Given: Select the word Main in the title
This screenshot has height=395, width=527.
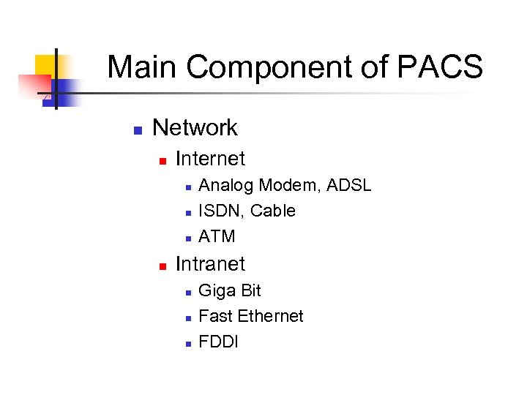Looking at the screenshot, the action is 143,67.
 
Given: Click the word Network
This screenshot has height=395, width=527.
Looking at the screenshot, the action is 195,127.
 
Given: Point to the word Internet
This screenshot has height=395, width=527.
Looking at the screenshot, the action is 210,159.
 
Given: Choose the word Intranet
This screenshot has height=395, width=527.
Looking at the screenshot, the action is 210,264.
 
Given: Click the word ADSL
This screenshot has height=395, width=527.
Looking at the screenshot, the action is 349,185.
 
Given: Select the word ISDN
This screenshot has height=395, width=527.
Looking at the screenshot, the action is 221,211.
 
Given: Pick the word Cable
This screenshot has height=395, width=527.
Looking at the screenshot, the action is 273,211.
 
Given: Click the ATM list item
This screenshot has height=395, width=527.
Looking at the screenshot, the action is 217,236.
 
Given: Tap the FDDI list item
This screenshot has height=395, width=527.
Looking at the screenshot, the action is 218,342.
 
